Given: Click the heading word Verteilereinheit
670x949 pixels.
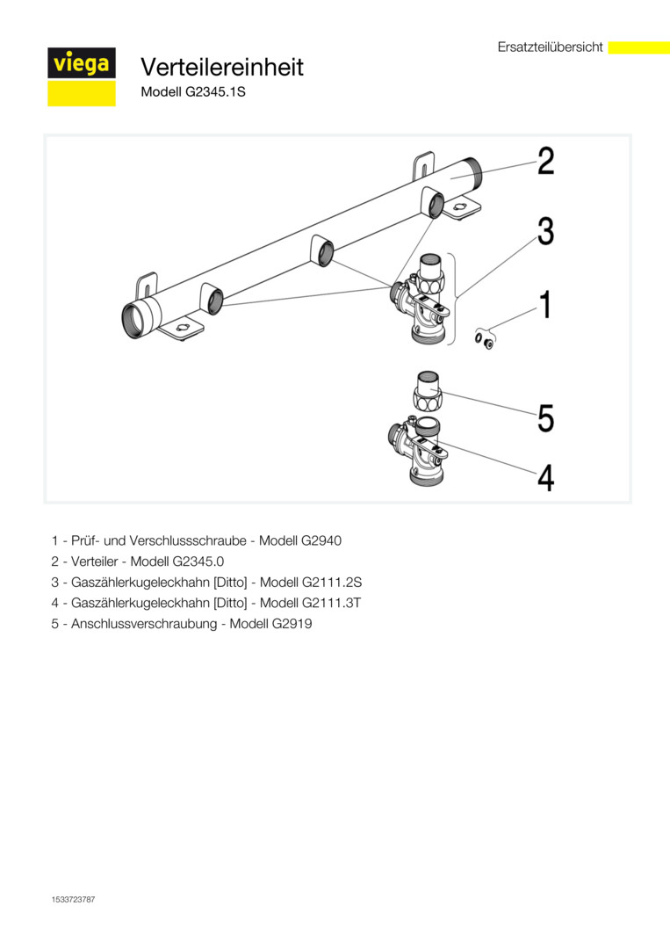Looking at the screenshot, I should (x=222, y=67).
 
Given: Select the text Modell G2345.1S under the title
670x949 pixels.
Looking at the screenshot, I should (x=192, y=91).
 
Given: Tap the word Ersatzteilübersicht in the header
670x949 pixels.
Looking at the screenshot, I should (x=550, y=47).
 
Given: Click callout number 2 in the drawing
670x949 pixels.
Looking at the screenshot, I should (x=545, y=162).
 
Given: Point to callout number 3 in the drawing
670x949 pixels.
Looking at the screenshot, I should (x=545, y=232).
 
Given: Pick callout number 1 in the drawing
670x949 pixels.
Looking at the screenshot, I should (x=545, y=306).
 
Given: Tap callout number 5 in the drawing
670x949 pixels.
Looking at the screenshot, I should (x=545, y=417).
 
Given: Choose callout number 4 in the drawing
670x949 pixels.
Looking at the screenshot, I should (x=545, y=479).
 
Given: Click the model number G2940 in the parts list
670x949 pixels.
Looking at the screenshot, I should (x=320, y=540).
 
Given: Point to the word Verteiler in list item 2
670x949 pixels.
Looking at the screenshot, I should (x=90, y=561).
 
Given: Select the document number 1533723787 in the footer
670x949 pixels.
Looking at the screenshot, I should (x=73, y=900).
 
